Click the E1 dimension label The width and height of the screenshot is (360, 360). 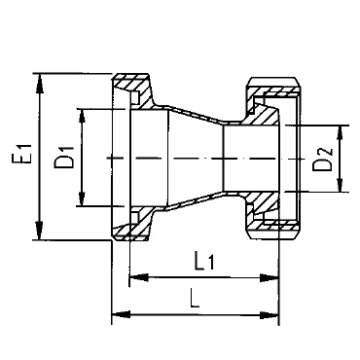[x=25, y=154]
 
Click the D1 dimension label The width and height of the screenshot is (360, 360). [x=64, y=158]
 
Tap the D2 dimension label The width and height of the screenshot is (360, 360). [x=323, y=160]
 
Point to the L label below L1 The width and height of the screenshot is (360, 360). [x=195, y=299]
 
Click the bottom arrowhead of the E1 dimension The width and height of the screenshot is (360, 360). [x=39, y=230]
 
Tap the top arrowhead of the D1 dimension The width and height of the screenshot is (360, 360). [x=83, y=118]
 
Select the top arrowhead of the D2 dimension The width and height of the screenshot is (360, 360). [x=341, y=134]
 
